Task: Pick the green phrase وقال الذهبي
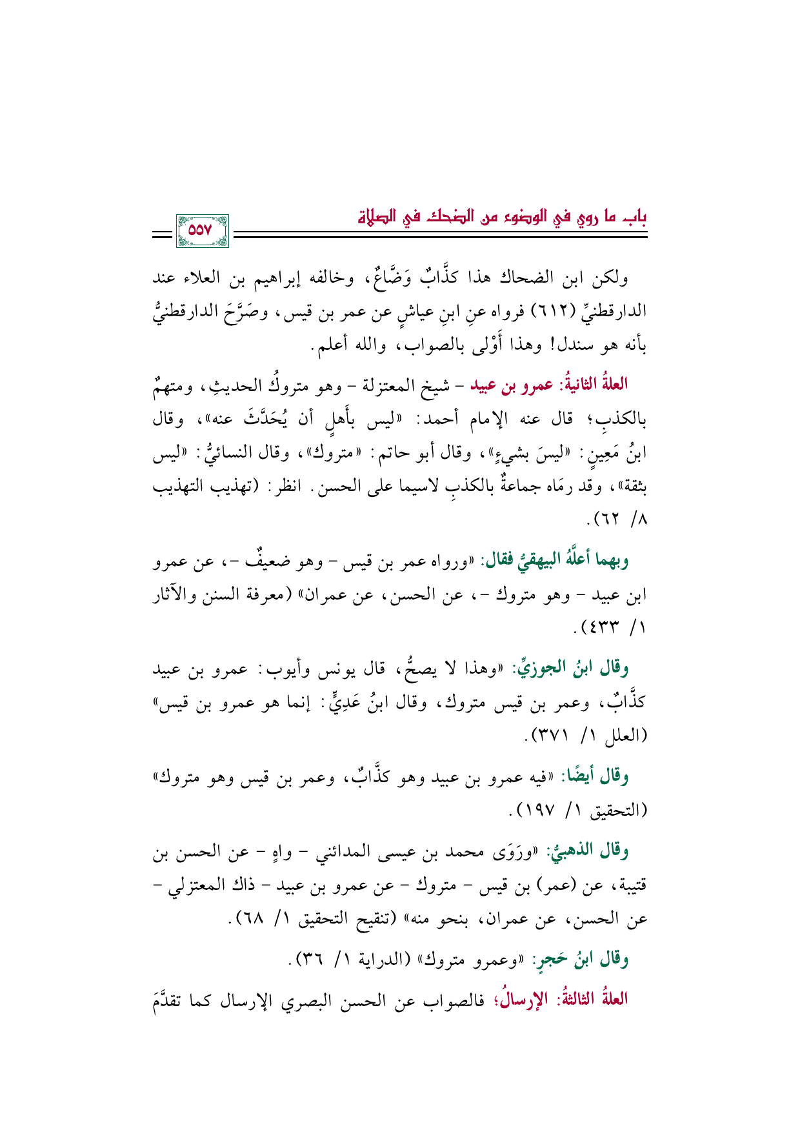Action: [x=588, y=852]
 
